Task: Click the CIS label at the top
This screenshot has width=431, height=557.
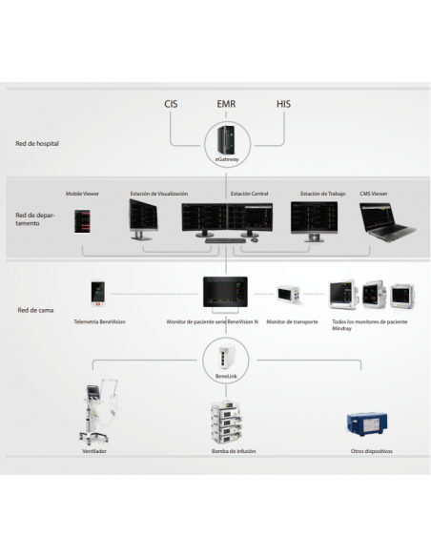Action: click(x=171, y=104)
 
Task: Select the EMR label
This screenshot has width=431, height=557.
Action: click(x=226, y=104)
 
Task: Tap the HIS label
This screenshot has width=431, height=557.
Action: click(x=283, y=104)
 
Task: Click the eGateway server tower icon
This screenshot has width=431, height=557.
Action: click(x=226, y=139)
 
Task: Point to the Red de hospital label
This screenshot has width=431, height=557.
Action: click(x=37, y=143)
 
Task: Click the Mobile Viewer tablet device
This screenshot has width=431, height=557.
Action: click(x=82, y=221)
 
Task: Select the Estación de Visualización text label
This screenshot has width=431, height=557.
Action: click(x=158, y=194)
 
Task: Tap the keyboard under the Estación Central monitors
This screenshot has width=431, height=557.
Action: click(x=225, y=241)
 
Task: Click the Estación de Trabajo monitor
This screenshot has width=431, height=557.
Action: click(x=315, y=221)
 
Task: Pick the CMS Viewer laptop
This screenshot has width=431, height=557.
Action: click(x=387, y=221)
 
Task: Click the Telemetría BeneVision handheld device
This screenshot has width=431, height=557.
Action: click(x=97, y=294)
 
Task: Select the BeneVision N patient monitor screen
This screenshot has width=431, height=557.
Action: click(x=225, y=292)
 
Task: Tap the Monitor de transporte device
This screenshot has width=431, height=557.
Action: click(x=288, y=294)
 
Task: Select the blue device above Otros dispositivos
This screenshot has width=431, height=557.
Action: click(x=367, y=423)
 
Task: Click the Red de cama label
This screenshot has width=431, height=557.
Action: click(x=35, y=310)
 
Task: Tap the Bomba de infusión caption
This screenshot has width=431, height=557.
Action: click(x=234, y=451)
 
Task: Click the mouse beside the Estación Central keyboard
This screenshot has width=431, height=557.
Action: click(x=255, y=240)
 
